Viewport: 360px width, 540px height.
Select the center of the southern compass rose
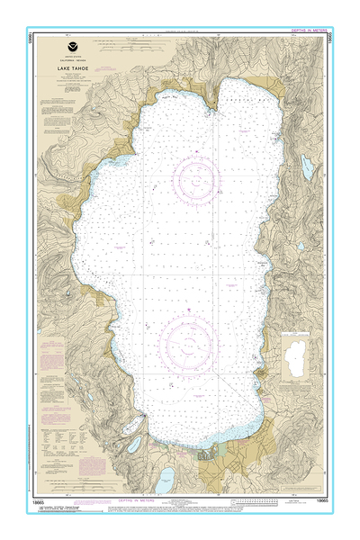click(x=189, y=342)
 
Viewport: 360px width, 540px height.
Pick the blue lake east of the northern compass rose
click(x=307, y=166)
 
